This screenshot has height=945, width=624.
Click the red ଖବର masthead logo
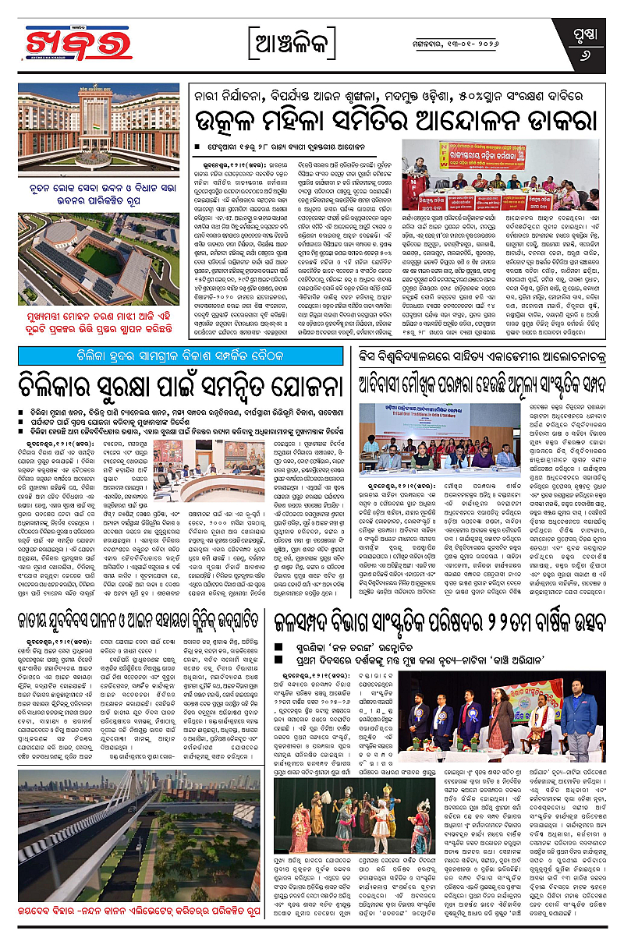pos(69,43)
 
